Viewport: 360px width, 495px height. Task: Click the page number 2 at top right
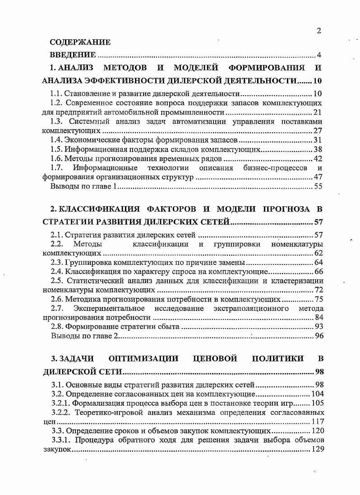(319, 31)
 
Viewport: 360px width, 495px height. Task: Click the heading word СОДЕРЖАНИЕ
(80, 43)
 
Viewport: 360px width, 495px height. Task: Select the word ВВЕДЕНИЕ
(73, 55)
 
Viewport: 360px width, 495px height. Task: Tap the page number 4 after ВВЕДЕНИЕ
(318, 56)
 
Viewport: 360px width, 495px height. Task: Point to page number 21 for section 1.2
(317, 112)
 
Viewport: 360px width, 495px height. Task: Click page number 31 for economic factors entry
(317, 140)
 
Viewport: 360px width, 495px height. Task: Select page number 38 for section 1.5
(317, 149)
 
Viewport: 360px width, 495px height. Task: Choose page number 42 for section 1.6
(317, 158)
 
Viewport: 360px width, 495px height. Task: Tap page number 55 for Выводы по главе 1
(317, 186)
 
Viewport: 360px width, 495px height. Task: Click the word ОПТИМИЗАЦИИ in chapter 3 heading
(143, 359)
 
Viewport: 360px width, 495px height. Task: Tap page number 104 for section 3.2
(315, 393)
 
